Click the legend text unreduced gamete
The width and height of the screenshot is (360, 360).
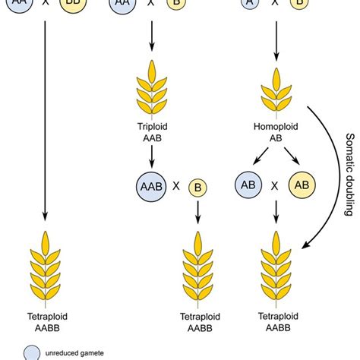click(x=74, y=352)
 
